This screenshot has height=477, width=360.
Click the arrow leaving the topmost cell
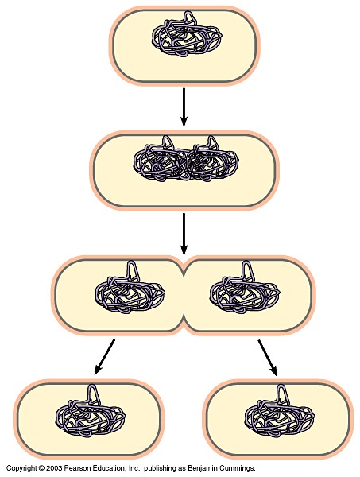coord(184,107)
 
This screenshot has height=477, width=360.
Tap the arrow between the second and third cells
coord(184,234)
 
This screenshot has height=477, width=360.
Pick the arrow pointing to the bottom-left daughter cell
coord(105,356)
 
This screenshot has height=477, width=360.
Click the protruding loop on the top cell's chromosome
coord(190,18)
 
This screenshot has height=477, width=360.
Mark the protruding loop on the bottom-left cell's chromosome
coord(92,393)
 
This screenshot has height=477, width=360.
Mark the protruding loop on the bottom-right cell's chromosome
coord(283,393)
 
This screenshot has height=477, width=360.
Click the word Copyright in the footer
coord(21,468)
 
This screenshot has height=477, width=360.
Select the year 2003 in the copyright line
coord(53,468)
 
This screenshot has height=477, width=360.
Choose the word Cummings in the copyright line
coord(238,468)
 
